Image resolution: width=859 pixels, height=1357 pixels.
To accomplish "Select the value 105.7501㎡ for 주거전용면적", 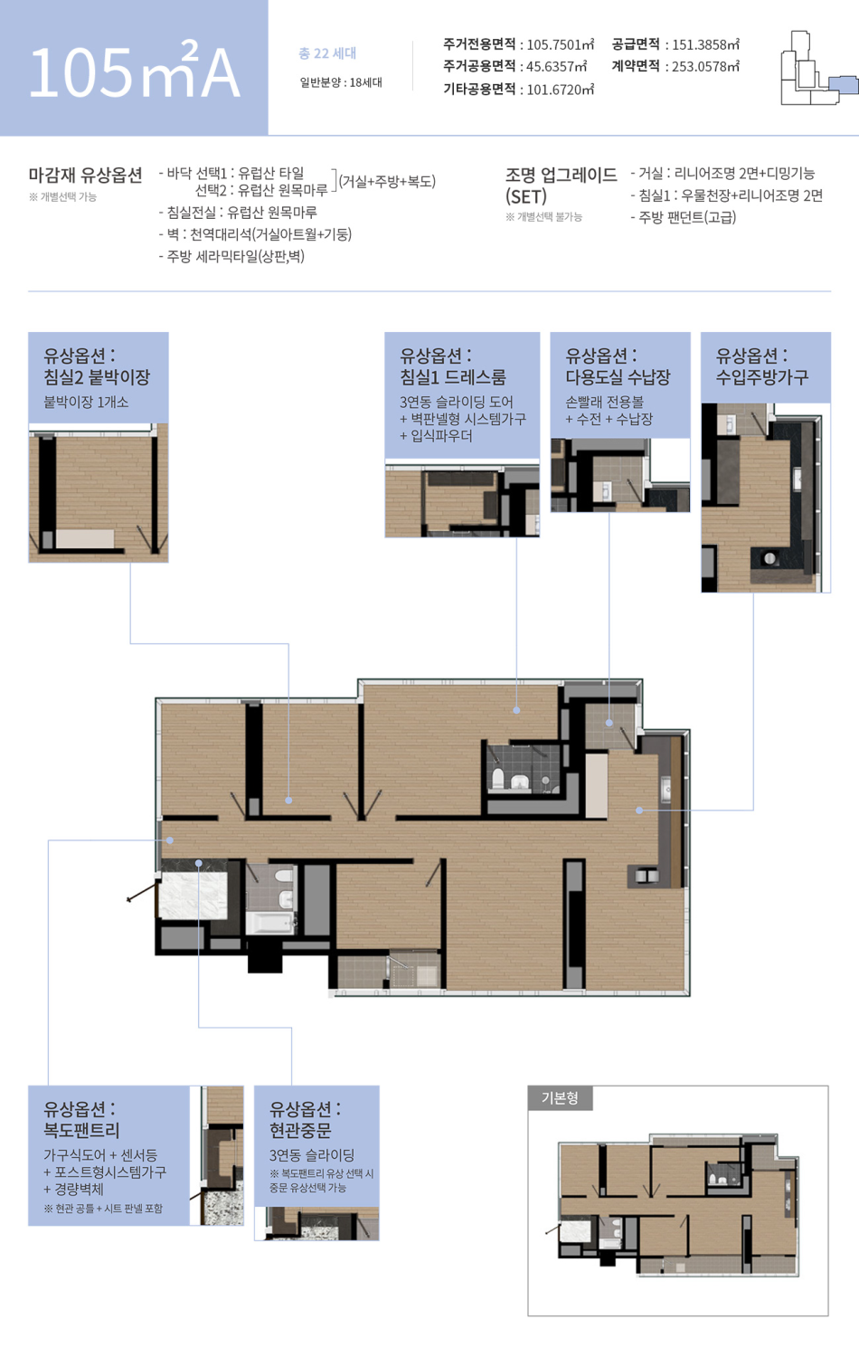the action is coord(561,44).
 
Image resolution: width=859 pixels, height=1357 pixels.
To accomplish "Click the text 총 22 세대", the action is coord(327,53).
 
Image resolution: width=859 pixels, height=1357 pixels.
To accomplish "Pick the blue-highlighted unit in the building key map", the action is coord(843,85).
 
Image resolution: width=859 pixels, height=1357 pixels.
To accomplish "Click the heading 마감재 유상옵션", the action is coord(85,176).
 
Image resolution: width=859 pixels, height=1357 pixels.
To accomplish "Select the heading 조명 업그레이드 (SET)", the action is coord(562,185).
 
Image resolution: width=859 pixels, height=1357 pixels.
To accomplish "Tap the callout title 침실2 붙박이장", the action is coord(97,377).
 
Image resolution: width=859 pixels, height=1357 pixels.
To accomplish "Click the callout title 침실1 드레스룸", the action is coord(453,377).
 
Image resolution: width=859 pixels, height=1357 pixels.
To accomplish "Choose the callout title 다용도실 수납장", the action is coord(618,377).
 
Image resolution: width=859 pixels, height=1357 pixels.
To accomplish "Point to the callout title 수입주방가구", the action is coord(762,377).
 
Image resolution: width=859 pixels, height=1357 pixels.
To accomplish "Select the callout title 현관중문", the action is coord(300,1131).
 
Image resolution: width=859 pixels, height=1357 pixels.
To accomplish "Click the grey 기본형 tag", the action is coord(560,1097).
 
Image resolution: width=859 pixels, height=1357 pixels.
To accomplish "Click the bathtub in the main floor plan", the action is coord(270,923).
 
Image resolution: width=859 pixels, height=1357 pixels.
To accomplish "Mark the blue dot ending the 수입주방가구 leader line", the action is coord(639,810).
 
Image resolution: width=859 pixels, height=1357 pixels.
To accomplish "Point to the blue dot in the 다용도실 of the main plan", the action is coord(609,723).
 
